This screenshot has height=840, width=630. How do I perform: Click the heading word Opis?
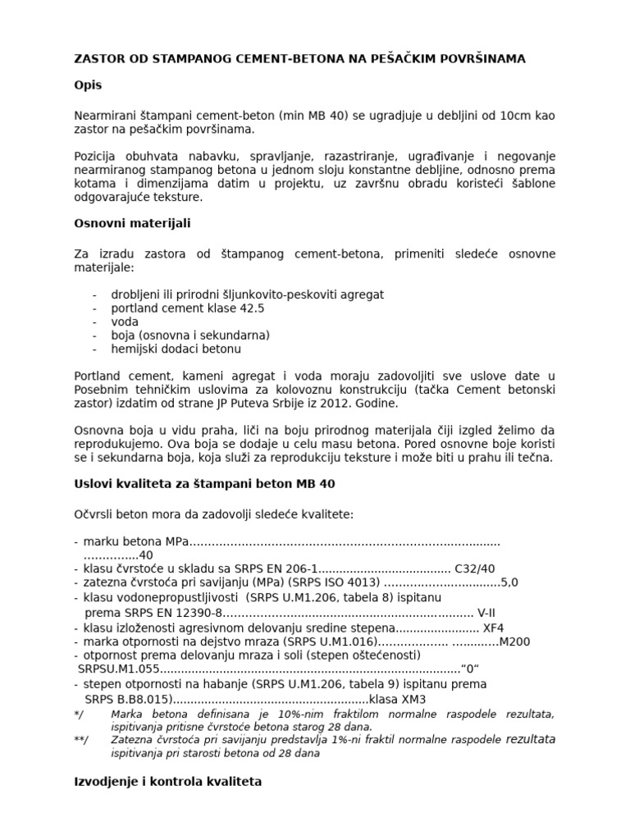88,85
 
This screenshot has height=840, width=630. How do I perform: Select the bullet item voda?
125,322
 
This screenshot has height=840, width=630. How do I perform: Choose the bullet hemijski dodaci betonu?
176,349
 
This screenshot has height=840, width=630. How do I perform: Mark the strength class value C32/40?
476,568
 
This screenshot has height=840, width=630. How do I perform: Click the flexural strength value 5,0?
509,582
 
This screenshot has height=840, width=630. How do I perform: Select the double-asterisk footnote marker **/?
80,740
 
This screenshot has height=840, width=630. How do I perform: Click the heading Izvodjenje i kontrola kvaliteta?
168,782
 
